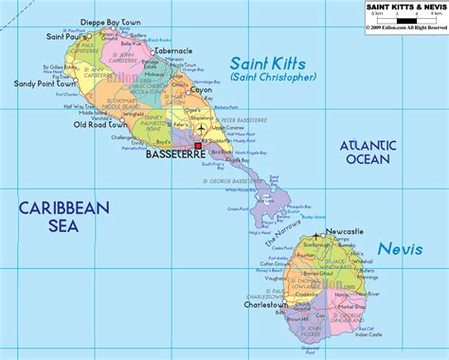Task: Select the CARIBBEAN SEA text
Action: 63,215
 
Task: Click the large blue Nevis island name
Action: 399,249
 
